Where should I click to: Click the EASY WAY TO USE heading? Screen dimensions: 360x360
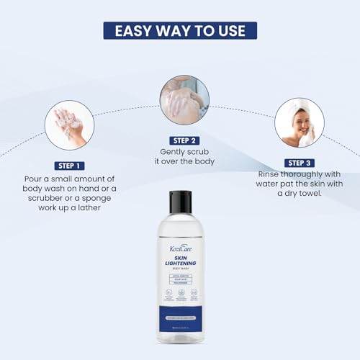179,30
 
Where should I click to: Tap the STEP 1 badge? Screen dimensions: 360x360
70,165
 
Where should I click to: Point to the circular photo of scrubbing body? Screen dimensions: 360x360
184,100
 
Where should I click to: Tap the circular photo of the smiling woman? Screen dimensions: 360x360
300,123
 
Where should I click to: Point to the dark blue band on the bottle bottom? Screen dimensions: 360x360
180,316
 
